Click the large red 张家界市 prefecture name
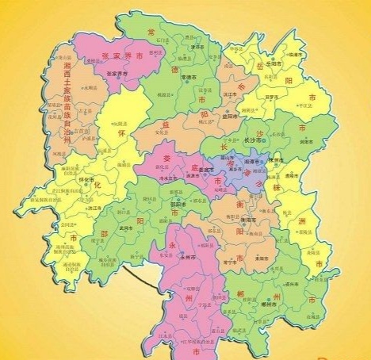[124, 56]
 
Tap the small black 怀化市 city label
[79, 181]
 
